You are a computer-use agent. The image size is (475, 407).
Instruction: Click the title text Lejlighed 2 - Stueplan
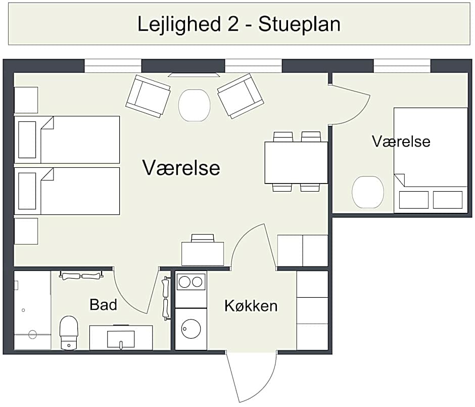pos(239,24)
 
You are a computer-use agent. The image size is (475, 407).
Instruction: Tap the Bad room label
pos(103,304)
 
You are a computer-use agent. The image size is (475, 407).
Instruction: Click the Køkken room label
pos(251,305)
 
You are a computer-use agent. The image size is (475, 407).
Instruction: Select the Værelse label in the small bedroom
pos(401,141)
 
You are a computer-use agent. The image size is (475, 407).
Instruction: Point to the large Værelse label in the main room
pos(181,167)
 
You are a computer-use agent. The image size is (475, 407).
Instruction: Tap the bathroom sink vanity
pos(121,337)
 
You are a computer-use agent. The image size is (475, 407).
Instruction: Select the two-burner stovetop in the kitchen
pos(191,282)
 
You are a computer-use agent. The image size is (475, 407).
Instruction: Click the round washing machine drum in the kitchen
pos(191,329)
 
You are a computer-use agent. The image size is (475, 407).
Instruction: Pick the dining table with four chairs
pos(296,162)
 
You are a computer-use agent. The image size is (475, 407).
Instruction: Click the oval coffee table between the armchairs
pos(194,105)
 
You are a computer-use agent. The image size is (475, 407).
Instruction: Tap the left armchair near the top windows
pos(148,96)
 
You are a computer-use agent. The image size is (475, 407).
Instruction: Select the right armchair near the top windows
pos(241,96)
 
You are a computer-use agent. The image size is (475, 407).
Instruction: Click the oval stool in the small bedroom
pos(367,192)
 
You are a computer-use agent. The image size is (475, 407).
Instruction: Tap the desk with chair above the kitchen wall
pos(203,252)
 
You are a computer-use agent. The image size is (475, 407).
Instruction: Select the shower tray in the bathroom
pos(32,309)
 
